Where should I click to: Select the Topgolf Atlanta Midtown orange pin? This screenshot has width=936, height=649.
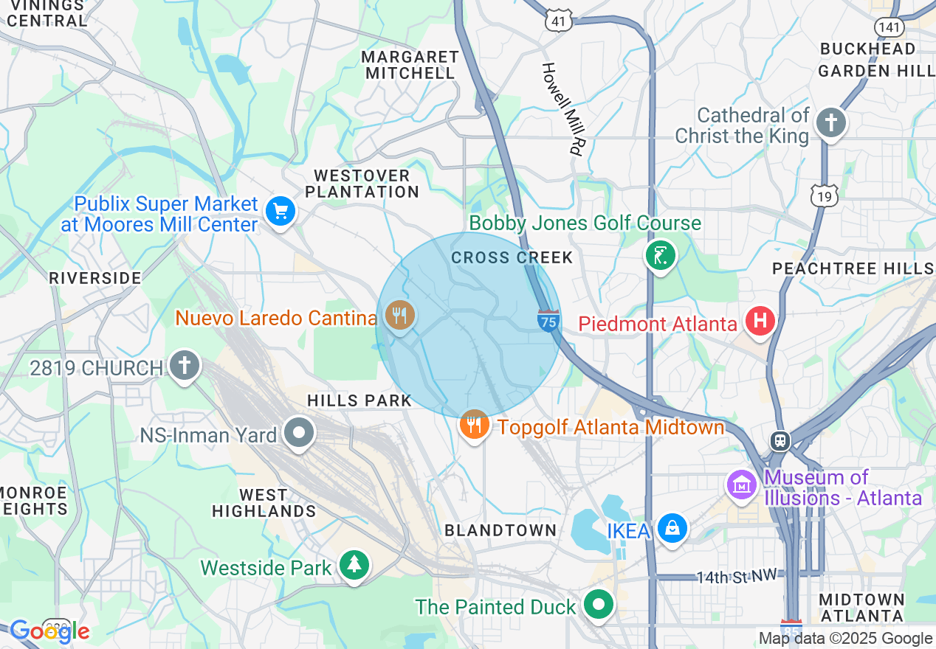pos(475,426)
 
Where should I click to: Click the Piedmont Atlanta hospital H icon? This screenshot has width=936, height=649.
pos(759,322)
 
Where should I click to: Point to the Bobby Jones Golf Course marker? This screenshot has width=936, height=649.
pos(660,256)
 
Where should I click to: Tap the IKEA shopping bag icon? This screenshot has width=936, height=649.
pos(672,529)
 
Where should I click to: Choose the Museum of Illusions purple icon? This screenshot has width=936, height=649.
pos(743,485)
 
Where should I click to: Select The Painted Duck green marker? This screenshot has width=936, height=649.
pos(599,605)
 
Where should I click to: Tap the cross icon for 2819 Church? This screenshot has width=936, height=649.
pos(185,365)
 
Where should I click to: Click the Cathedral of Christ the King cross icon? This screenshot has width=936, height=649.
pos(831,123)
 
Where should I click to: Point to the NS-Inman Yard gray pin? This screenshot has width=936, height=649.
pos(299,433)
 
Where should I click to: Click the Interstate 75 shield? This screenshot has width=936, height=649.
pos(548,322)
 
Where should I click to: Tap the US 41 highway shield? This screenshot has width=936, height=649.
pos(559,21)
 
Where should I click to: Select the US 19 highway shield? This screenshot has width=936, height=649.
pos(823,195)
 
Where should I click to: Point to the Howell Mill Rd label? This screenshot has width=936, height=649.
pos(562,108)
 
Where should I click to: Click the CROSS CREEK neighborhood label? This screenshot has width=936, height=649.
pos(512,257)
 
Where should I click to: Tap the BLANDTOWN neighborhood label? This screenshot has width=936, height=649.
pos(500,530)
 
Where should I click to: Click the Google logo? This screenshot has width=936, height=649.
pos(49,631)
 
